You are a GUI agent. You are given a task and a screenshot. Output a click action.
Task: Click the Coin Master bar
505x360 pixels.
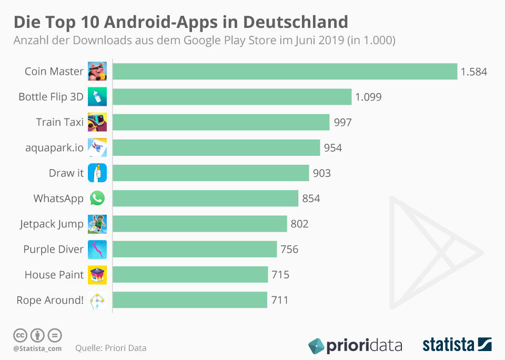[285, 72]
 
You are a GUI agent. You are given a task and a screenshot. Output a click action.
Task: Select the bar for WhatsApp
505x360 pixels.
[205, 198]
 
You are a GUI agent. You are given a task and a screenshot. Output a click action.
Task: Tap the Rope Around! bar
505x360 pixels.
[190, 300]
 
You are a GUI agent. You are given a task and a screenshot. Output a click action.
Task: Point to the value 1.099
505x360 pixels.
[368, 97]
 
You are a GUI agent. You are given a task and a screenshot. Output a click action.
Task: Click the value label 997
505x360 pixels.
[342, 122]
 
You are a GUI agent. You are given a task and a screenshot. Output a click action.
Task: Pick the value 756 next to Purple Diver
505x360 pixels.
[289, 249]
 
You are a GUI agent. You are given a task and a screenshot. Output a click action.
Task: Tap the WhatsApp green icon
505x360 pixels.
[97, 198]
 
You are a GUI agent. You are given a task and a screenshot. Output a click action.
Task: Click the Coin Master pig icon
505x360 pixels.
[97, 72]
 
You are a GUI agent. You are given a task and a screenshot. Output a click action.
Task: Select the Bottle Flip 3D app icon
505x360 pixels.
[97, 97]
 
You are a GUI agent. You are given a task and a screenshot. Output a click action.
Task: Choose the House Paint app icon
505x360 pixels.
[97, 275]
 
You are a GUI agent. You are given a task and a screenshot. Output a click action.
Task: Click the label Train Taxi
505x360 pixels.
[60, 122]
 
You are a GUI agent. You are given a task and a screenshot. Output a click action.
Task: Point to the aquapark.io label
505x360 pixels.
[54, 148]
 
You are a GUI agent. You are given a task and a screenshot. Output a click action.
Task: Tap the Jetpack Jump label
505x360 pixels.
[52, 224]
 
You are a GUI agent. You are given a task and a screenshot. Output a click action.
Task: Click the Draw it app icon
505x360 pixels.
[97, 173]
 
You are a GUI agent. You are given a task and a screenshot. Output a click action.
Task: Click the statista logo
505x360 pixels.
[457, 345]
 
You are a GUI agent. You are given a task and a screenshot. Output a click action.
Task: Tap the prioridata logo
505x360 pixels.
[355, 345]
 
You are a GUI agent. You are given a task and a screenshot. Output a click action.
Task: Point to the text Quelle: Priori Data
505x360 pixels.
[111, 348]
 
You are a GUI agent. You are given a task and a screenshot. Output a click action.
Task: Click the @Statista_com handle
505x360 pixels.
[37, 348]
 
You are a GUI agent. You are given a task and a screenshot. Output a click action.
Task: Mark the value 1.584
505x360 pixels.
[474, 72]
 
